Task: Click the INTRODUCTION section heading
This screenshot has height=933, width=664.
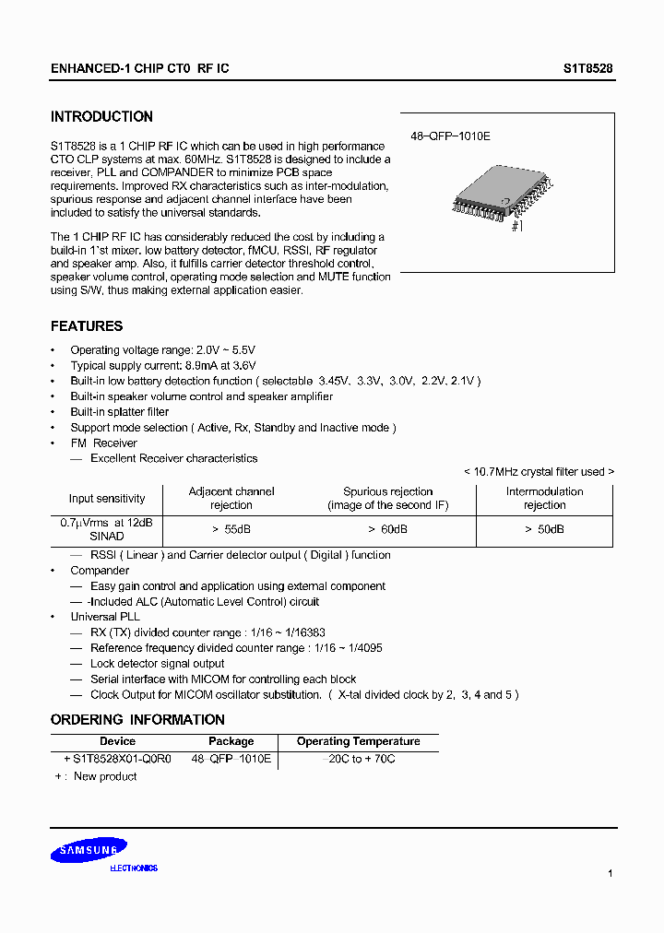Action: [x=101, y=117]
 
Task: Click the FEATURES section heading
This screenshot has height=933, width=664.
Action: [x=87, y=326]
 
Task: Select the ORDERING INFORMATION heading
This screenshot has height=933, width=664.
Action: [x=137, y=720]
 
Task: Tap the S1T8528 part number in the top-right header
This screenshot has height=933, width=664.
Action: [x=588, y=69]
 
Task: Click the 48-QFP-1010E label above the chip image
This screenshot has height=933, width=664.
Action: [x=450, y=136]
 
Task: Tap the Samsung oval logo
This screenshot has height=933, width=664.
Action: [x=83, y=853]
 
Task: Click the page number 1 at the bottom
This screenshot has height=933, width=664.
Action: [x=611, y=873]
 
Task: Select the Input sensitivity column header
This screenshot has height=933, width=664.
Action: [x=107, y=499]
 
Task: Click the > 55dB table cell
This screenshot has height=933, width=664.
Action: [x=231, y=530]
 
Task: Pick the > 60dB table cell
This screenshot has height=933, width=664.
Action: [x=387, y=530]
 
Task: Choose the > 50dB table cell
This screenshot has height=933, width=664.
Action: [x=544, y=530]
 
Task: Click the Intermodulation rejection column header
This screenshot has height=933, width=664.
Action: [x=544, y=498]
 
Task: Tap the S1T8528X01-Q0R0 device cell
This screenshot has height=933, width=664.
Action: [x=117, y=759]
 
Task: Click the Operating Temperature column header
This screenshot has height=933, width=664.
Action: [x=358, y=741]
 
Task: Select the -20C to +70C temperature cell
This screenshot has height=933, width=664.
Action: [x=359, y=759]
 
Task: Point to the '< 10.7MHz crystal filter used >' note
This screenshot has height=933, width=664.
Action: [x=539, y=472]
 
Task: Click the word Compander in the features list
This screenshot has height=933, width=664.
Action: [x=100, y=571]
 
